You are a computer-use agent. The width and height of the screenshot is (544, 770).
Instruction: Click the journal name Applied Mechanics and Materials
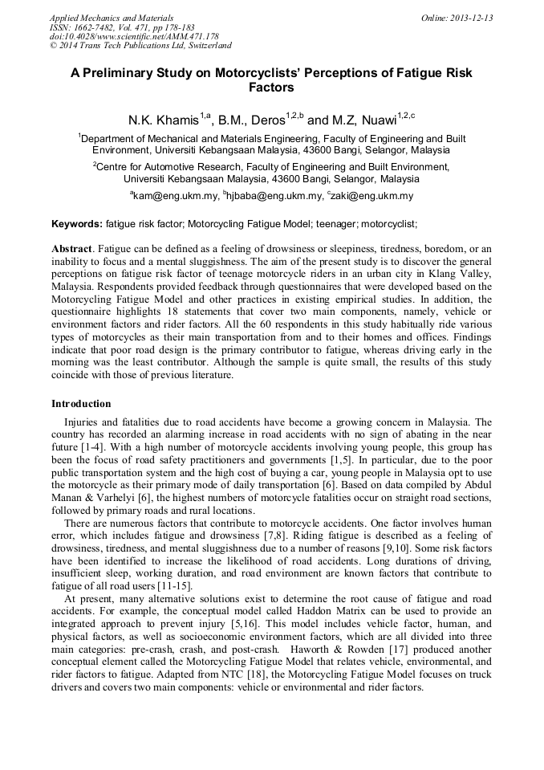(112, 18)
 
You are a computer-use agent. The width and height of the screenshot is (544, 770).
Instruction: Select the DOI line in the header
(134, 37)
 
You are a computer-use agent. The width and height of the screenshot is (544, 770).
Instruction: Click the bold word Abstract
(72, 250)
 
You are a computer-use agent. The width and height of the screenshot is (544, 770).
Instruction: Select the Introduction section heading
(81, 404)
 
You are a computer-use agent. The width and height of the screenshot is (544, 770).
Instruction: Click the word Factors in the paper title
(271, 88)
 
